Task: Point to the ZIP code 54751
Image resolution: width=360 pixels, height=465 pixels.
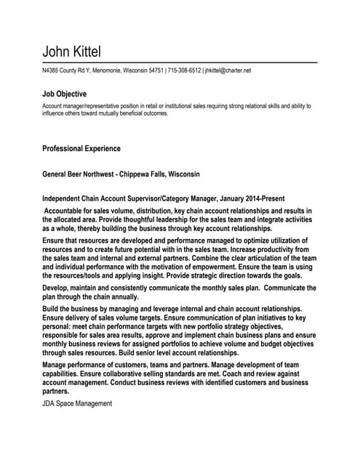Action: [x=153, y=70]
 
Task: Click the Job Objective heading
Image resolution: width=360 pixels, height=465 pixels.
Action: [x=65, y=94]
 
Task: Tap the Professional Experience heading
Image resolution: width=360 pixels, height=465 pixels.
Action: [x=81, y=149]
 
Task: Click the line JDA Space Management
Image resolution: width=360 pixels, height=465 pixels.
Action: [x=77, y=403]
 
